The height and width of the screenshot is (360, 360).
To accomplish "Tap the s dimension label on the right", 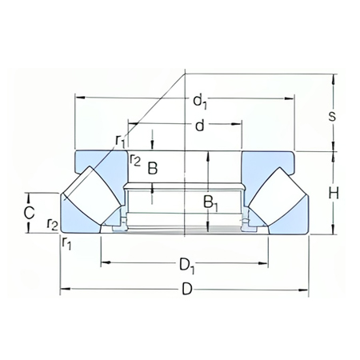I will [x=332, y=116].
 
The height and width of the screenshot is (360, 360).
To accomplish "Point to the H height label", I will [x=334, y=193].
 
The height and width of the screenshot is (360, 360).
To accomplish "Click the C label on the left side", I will [x=28, y=213].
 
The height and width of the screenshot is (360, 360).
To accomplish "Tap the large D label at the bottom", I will [x=186, y=290].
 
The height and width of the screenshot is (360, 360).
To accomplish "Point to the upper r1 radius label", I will [x=120, y=142].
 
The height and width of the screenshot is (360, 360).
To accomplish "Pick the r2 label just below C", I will [x=52, y=225].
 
